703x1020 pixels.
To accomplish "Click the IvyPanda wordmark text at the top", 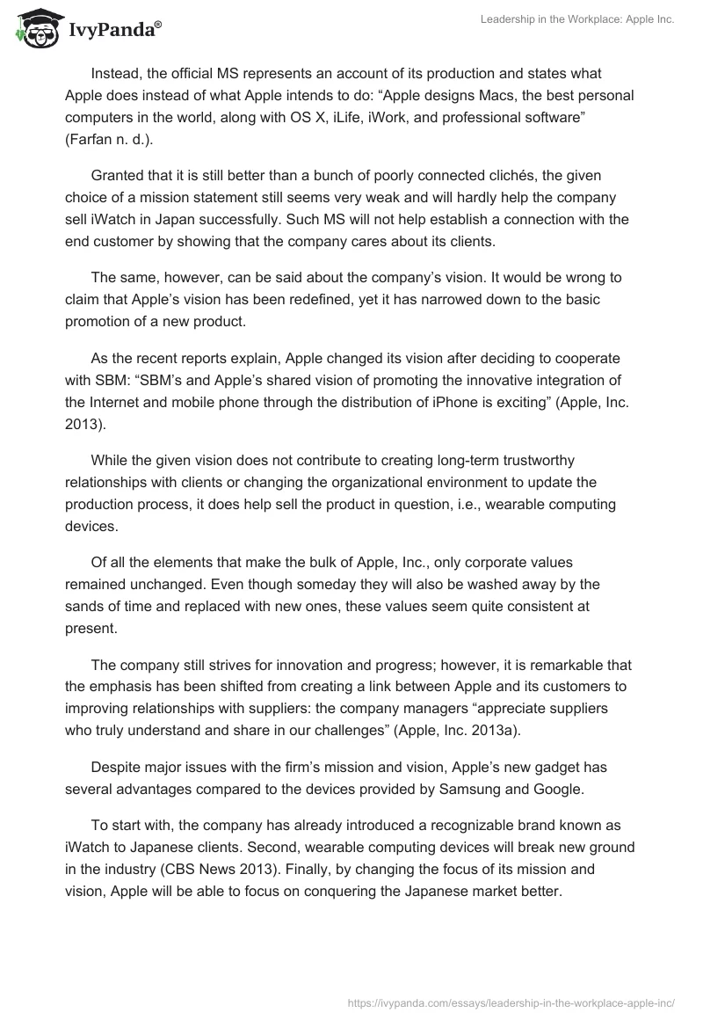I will click(x=113, y=33).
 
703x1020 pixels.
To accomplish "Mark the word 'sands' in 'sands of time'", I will click(x=86, y=606).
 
